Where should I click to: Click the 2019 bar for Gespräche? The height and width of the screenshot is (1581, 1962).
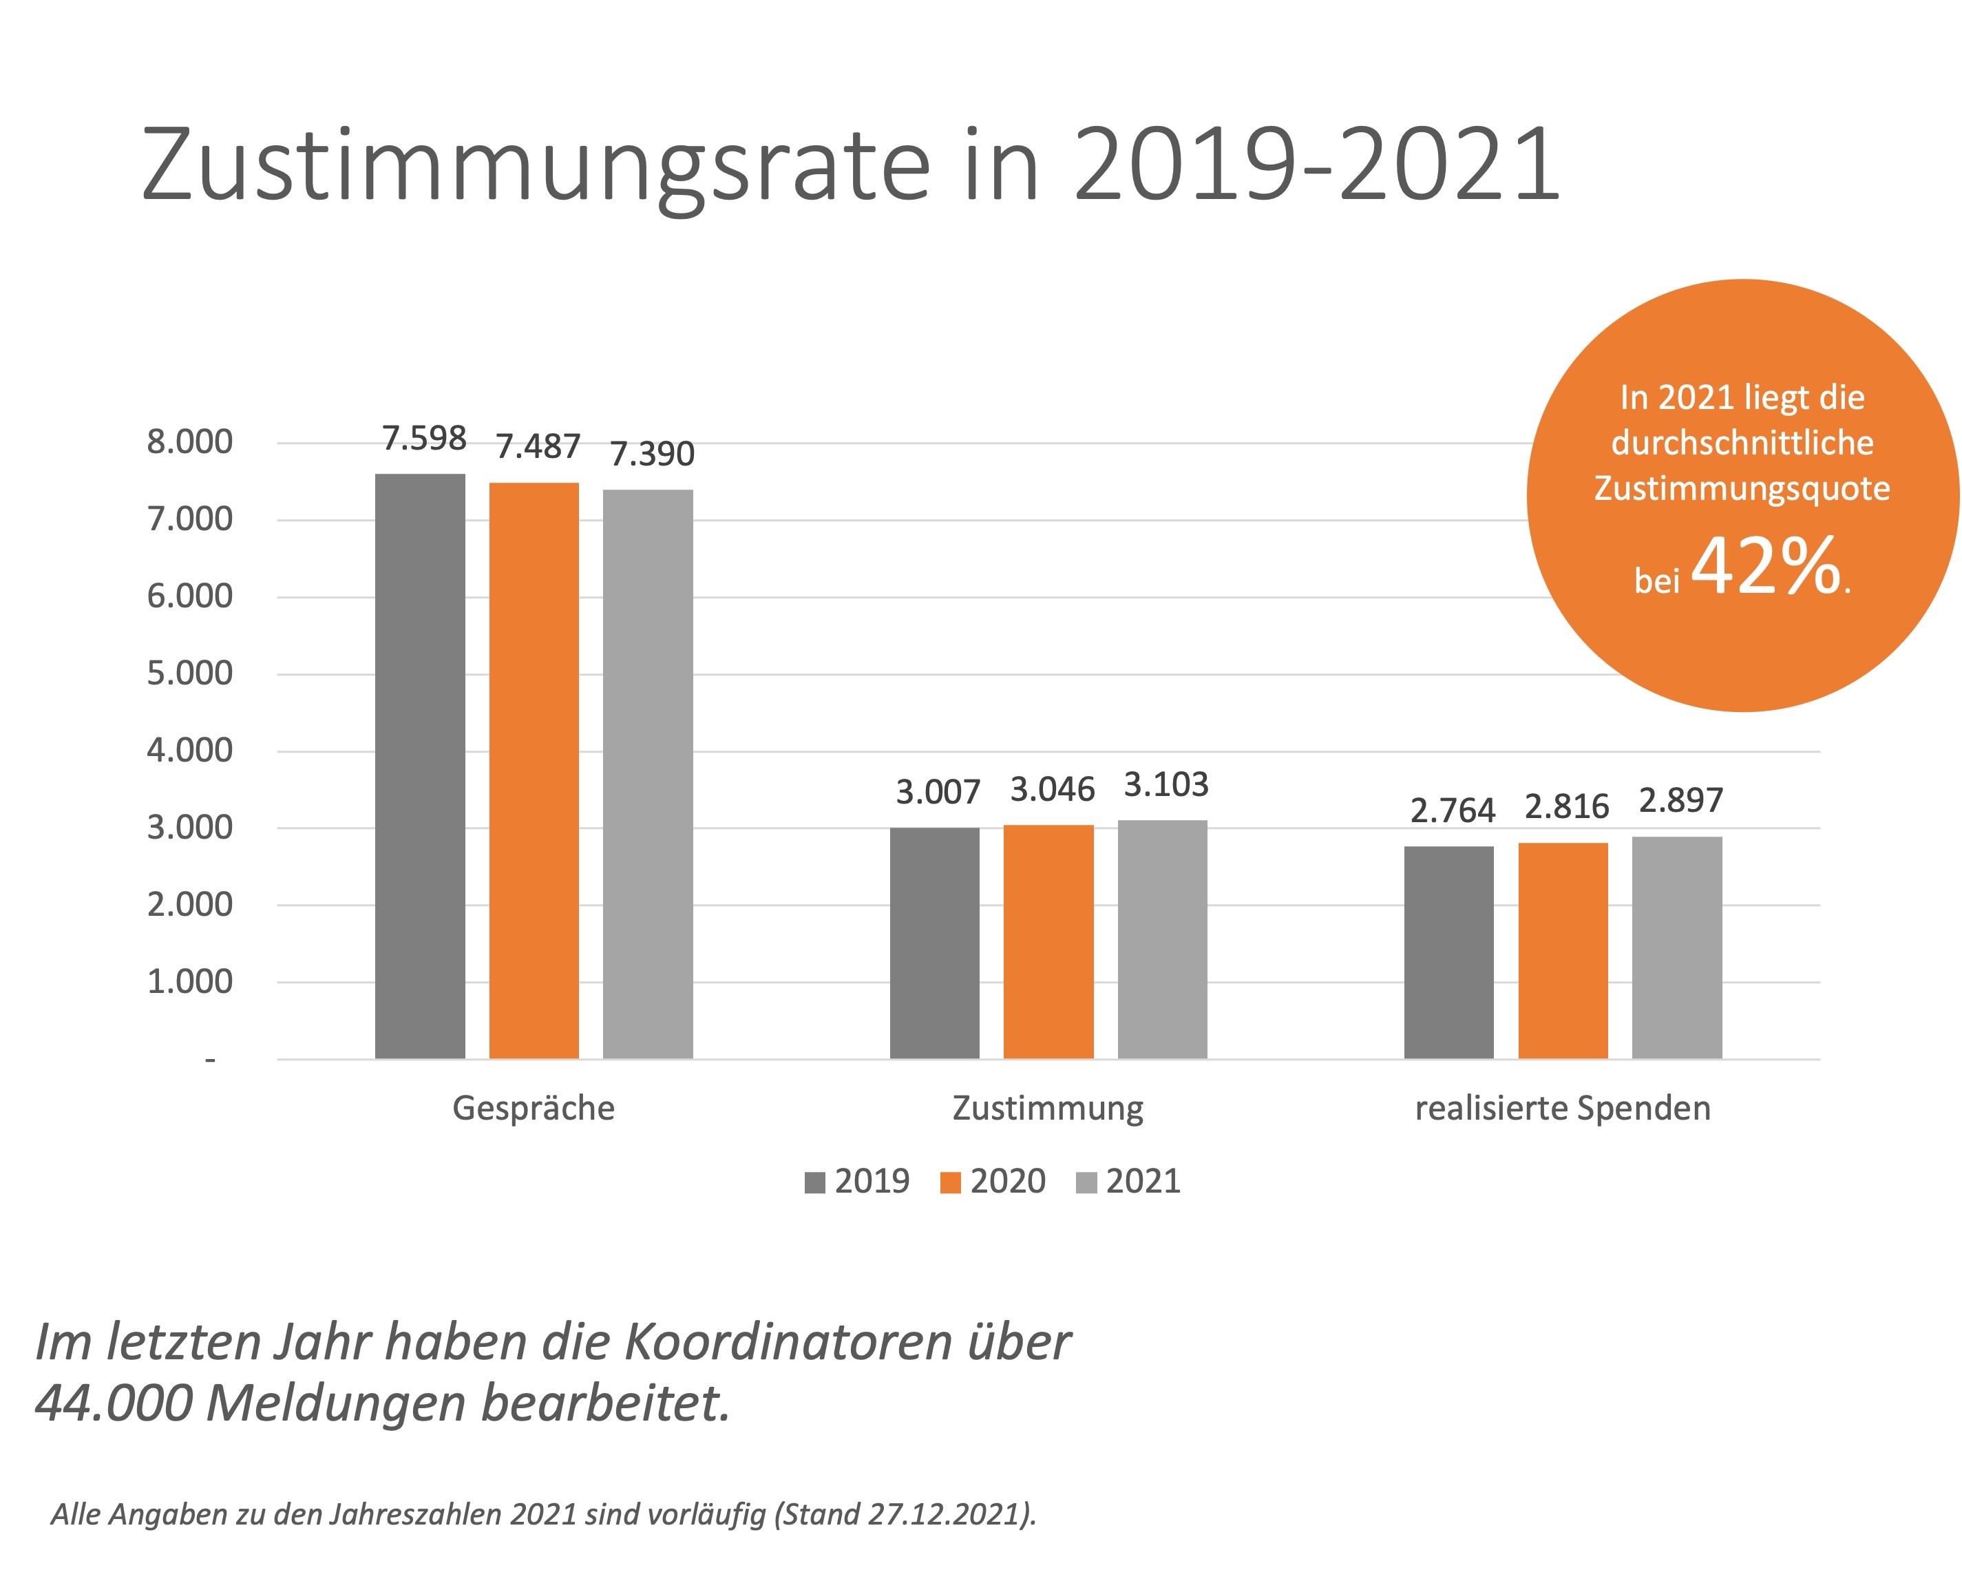[420, 765]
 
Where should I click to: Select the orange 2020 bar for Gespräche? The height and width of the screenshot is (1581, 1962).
[534, 770]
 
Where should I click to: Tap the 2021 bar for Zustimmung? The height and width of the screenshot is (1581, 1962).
[1162, 938]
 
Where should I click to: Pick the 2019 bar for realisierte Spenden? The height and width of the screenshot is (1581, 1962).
[1448, 952]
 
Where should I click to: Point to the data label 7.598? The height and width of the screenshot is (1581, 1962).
[424, 439]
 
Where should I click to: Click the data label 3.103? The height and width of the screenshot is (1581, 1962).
[1165, 785]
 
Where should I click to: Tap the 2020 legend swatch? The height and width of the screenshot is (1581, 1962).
[949, 1183]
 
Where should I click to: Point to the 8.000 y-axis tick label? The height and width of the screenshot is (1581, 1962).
[189, 443]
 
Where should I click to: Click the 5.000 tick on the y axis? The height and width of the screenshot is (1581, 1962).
[189, 674]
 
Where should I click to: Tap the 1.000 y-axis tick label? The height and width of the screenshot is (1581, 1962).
[189, 982]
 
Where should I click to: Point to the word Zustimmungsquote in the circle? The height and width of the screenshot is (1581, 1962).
[1742, 489]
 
